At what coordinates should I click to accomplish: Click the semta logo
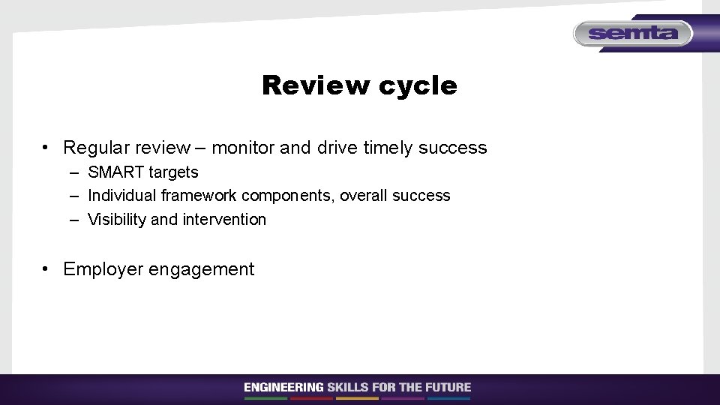click(633, 33)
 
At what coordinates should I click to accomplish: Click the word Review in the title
click(316, 85)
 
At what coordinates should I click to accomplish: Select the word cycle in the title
click(418, 86)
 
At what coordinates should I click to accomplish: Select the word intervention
click(224, 220)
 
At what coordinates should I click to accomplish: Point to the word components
click(288, 196)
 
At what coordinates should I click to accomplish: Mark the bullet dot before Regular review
click(46, 148)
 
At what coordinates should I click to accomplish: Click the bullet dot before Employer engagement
click(46, 269)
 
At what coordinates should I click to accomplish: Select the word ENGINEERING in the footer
click(283, 388)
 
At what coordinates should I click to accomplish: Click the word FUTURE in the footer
click(448, 388)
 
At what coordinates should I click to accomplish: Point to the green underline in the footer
click(265, 398)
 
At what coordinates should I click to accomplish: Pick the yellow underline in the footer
click(357, 398)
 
